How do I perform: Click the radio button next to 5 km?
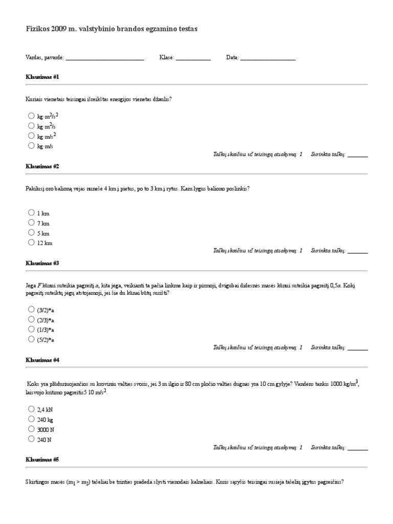coord(31,233)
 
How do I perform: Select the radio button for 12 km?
coord(31,243)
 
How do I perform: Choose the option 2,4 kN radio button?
coord(31,409)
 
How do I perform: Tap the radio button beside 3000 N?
coord(31,429)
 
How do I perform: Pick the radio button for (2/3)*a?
coord(31,319)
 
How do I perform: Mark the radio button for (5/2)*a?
coord(31,339)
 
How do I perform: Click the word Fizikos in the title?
coord(37,30)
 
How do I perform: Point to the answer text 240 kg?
coord(46,420)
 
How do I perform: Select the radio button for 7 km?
coord(31,223)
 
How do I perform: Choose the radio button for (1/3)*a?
coord(31,329)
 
